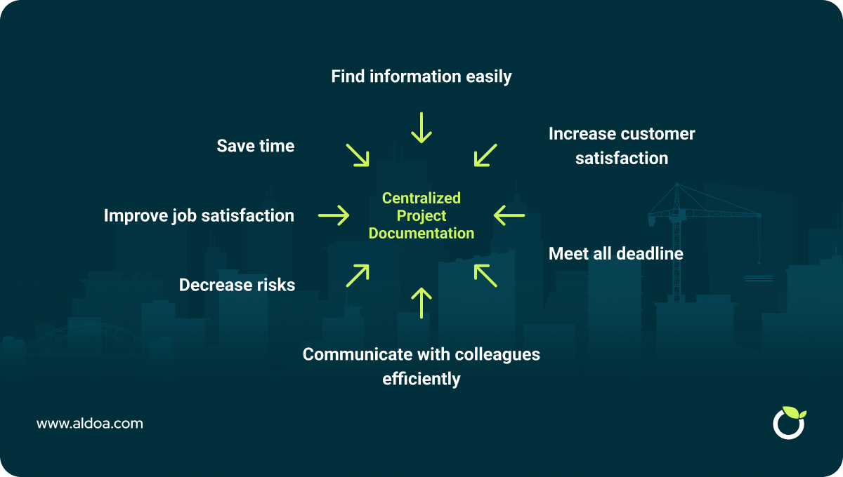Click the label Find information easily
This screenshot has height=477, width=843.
(x=421, y=76)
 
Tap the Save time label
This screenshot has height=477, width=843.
(x=256, y=146)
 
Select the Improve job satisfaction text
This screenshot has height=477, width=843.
(x=199, y=216)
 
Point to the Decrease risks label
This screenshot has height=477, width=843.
(x=237, y=285)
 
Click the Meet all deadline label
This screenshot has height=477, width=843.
(x=615, y=254)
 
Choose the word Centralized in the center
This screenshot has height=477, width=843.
(x=421, y=198)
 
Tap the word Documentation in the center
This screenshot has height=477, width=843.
(x=421, y=234)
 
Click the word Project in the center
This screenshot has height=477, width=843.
(x=421, y=216)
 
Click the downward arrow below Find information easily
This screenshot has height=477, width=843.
(x=421, y=128)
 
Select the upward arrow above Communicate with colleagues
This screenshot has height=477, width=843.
(x=421, y=303)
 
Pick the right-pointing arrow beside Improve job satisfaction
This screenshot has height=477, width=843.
(x=334, y=215)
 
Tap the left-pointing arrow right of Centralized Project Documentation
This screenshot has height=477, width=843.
(x=509, y=215)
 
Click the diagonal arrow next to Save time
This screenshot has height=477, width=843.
(x=358, y=155)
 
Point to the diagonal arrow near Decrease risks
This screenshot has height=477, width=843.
(x=358, y=276)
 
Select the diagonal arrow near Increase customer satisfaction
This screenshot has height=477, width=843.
(x=485, y=155)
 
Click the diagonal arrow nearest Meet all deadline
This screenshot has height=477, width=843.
(x=485, y=276)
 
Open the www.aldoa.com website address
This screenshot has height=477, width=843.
(x=90, y=424)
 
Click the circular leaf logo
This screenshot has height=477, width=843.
(x=789, y=422)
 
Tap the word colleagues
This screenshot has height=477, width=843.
(x=497, y=355)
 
